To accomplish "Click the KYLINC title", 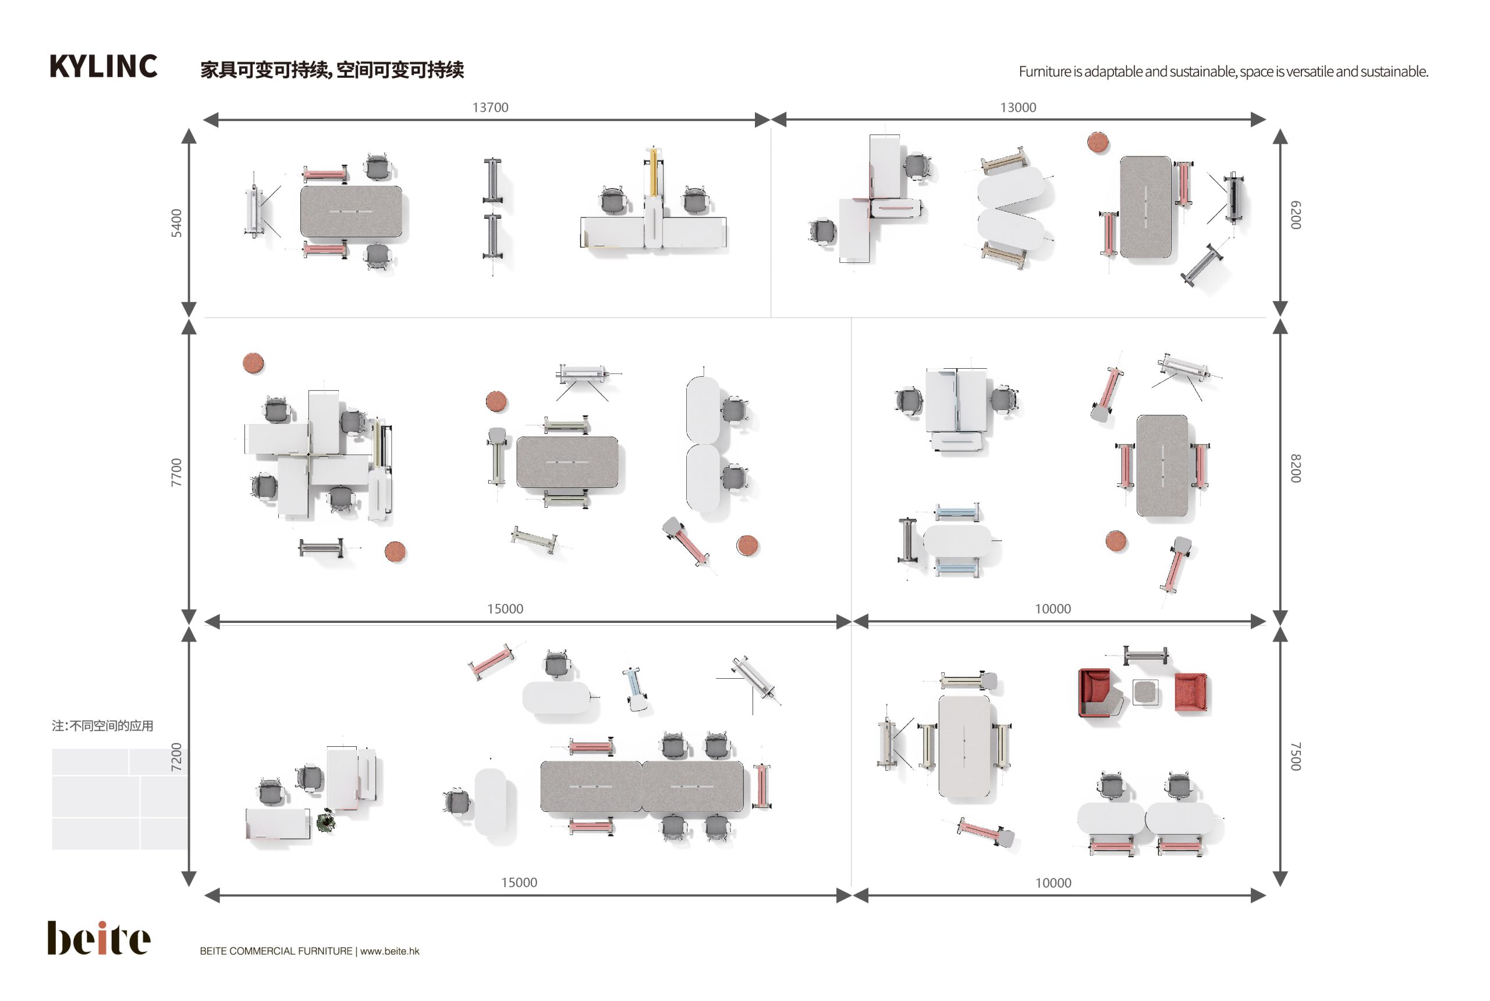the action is [103, 66].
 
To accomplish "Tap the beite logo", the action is [98, 937].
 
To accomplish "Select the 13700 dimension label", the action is [490, 107].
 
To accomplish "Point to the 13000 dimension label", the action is [1017, 107].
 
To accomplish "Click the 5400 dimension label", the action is [176, 223].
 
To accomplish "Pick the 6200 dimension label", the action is [1295, 215].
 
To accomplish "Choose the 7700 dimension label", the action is [176, 472].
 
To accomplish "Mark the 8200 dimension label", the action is [1295, 468].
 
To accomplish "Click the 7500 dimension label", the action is [1295, 756].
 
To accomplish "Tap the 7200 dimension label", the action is [176, 757].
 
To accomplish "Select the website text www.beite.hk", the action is [389, 950].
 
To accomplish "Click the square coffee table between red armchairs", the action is [1145, 692].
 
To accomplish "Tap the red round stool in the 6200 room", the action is [1097, 142].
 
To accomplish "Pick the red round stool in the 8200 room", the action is [1116, 541].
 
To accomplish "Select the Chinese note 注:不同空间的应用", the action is [102, 725].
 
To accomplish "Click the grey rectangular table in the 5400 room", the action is [350, 211].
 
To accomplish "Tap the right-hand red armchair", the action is [1190, 692].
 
